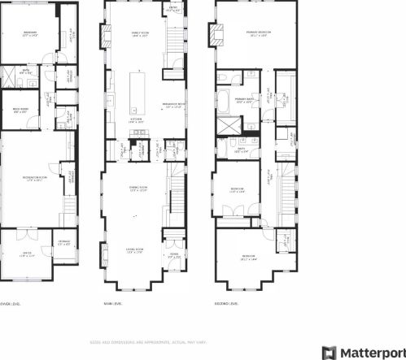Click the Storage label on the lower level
63,242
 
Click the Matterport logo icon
329,352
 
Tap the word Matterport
372,352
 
